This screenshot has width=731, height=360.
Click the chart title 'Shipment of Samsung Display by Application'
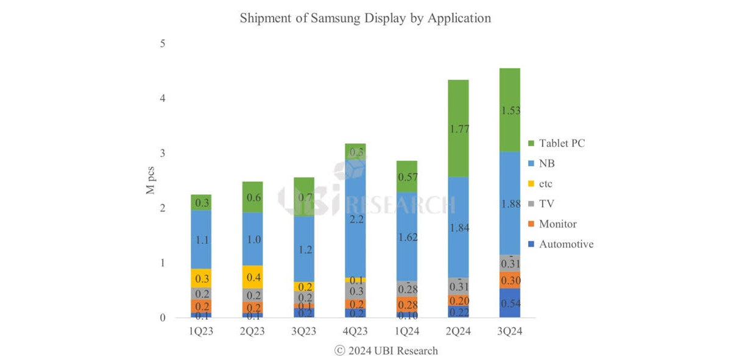(x=365, y=18)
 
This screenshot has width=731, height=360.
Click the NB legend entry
(x=546, y=163)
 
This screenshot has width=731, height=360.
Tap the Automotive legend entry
(x=565, y=244)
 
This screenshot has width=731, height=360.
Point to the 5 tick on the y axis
(x=163, y=44)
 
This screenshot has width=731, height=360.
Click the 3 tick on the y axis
(x=163, y=154)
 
